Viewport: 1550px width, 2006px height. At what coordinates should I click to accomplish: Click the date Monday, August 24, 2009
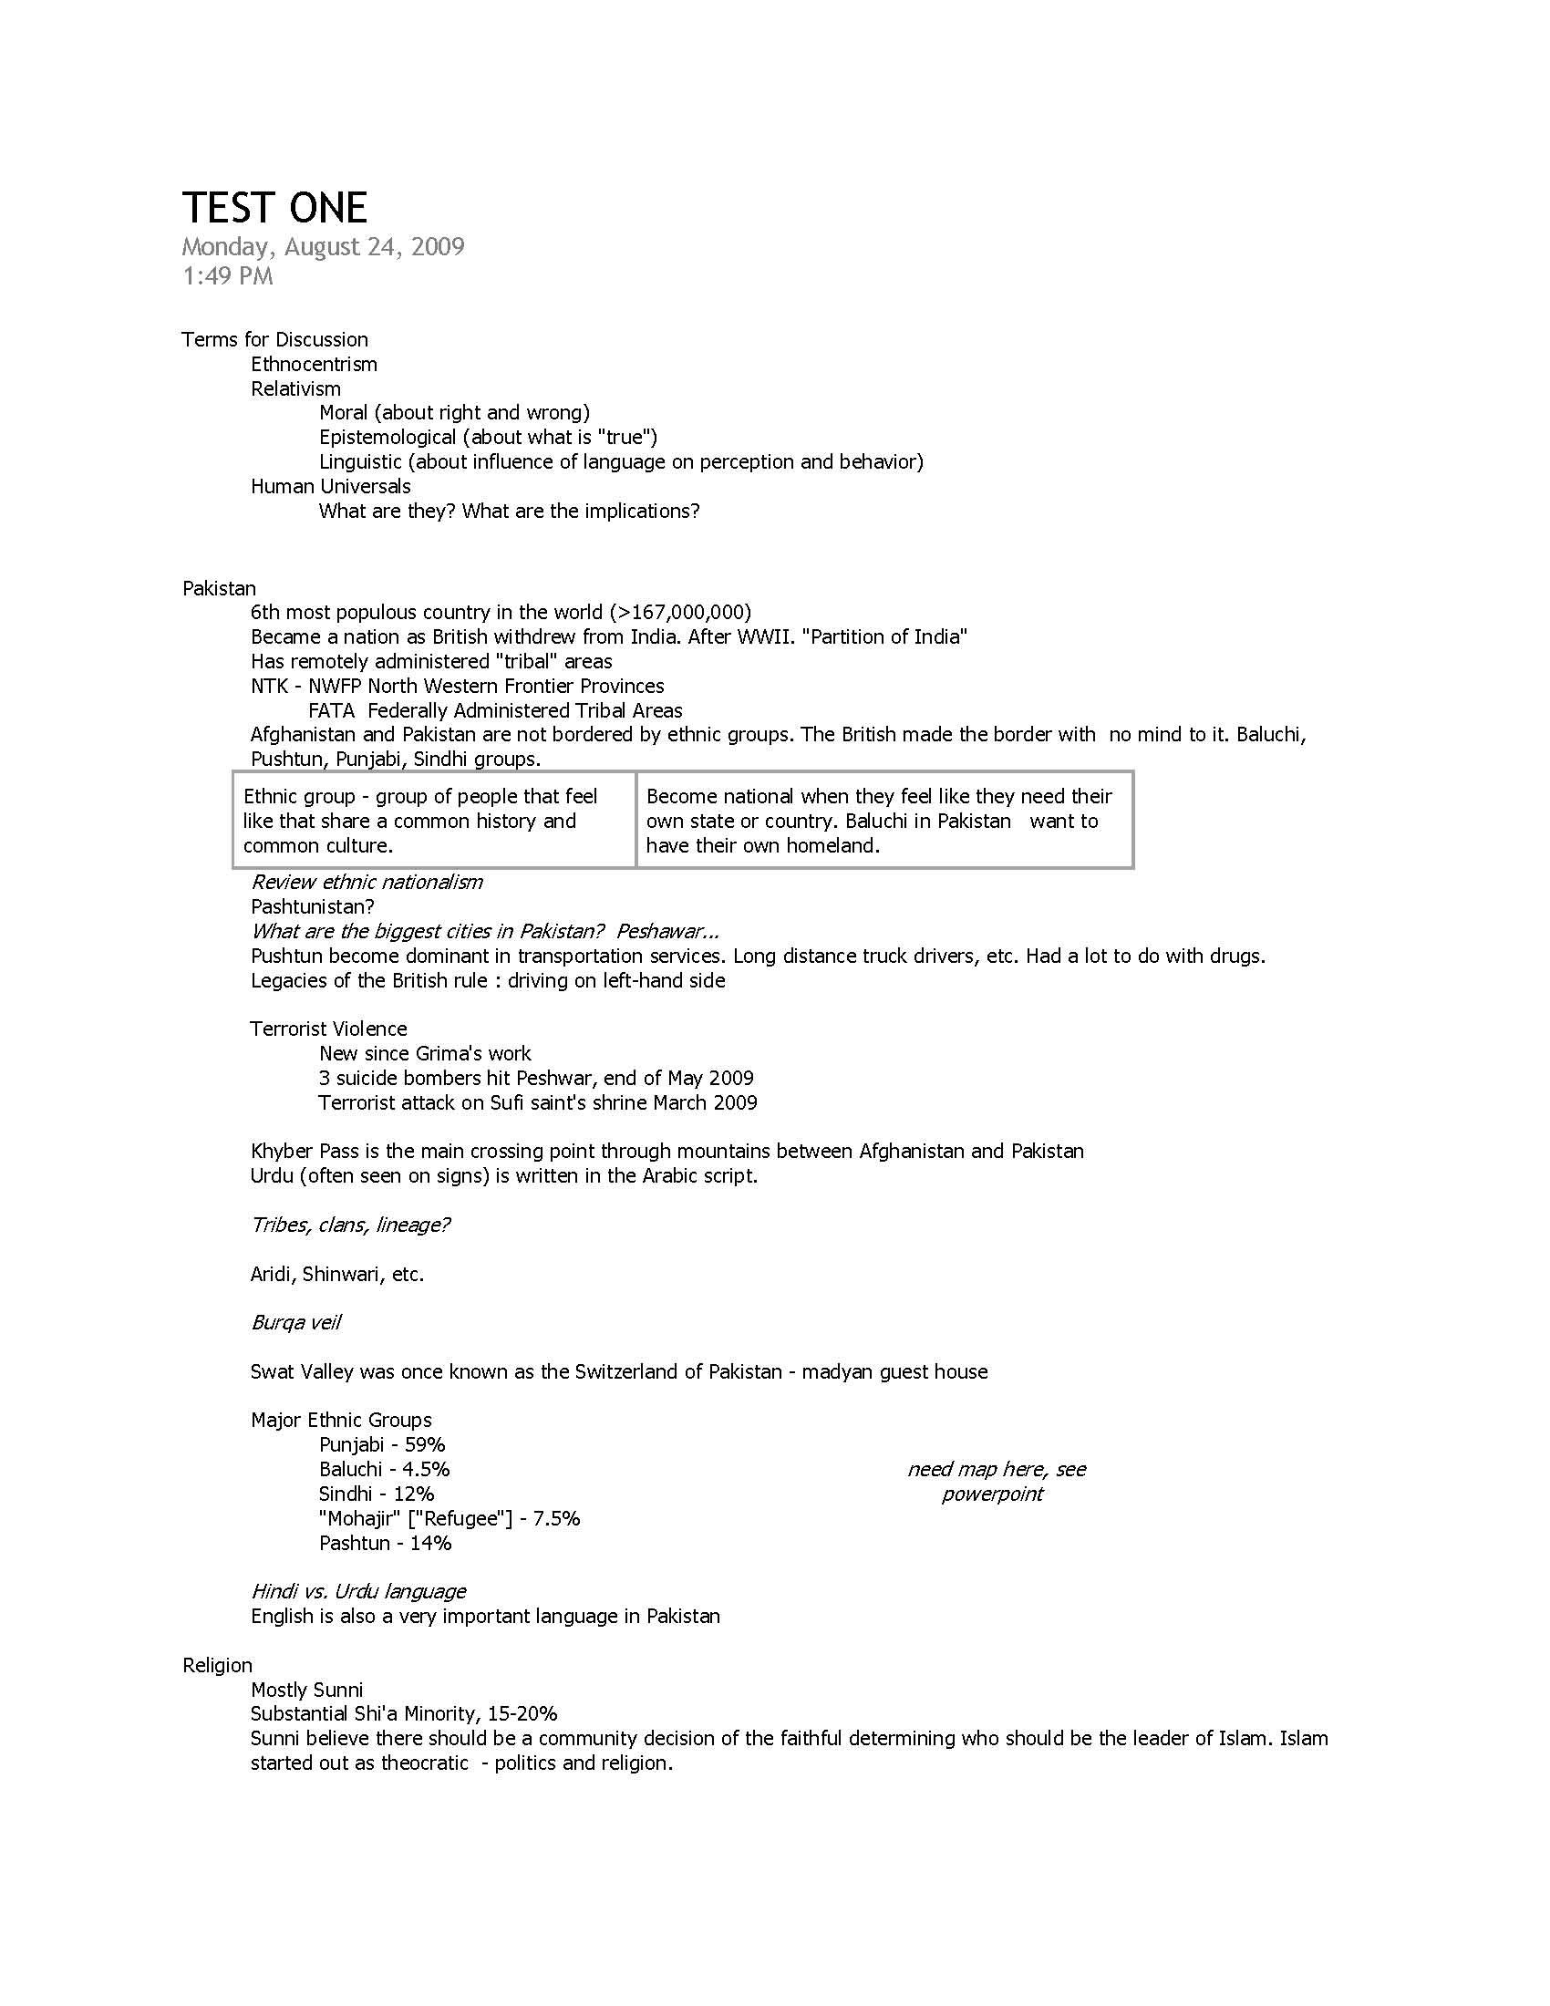coord(324,247)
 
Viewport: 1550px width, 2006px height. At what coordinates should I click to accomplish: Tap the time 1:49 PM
coord(228,276)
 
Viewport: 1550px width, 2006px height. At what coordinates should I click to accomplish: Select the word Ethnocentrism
coord(314,364)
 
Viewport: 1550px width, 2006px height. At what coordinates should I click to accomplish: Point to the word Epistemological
coord(387,437)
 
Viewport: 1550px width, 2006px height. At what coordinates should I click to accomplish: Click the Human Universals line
coord(331,486)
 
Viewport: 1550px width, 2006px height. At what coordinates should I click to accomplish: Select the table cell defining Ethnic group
coord(433,821)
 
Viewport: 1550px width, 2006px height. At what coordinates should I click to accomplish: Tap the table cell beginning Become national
coord(883,821)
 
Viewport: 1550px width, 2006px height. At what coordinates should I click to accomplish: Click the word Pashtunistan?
coord(312,906)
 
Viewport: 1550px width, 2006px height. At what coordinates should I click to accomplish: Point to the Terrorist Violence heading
coord(329,1029)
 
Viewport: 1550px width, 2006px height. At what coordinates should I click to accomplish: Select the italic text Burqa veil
coord(295,1323)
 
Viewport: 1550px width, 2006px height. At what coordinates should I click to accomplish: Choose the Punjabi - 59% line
coord(382,1445)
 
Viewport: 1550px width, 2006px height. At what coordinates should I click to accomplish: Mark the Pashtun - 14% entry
coord(386,1543)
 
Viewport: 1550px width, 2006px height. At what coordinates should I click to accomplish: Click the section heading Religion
coord(218,1665)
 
